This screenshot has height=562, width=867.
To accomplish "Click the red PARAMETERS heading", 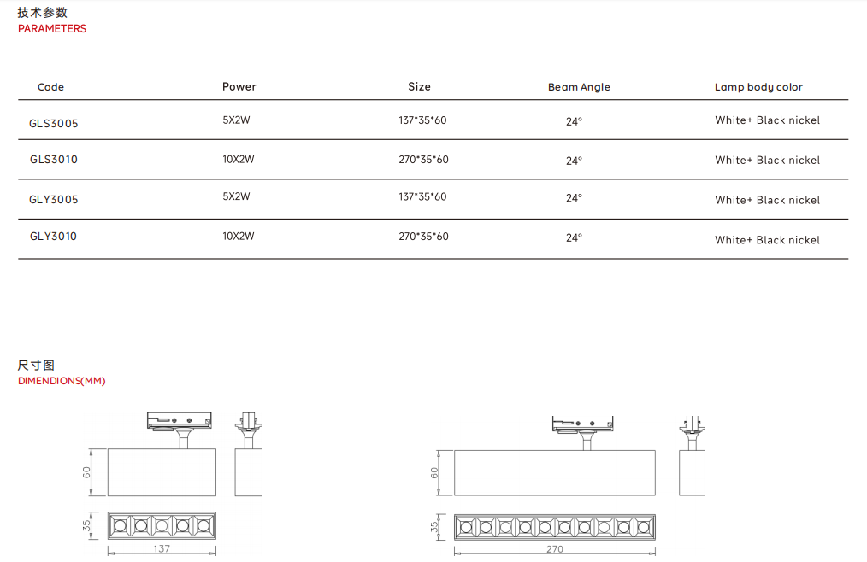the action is click(x=52, y=29).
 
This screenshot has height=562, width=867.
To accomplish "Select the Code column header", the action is click(x=50, y=87).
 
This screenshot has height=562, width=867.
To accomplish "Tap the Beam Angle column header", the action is click(x=579, y=87).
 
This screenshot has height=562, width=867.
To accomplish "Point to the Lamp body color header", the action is click(x=758, y=87).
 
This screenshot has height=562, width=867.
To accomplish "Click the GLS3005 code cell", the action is click(x=54, y=123).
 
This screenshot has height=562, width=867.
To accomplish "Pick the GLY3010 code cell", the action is click(x=53, y=236).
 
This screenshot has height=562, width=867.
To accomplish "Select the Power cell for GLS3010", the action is click(x=239, y=159).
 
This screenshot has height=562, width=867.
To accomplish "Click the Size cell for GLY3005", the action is click(x=422, y=196).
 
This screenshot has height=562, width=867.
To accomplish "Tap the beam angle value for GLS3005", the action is click(x=574, y=121).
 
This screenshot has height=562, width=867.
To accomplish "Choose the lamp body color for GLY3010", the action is click(x=768, y=240).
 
